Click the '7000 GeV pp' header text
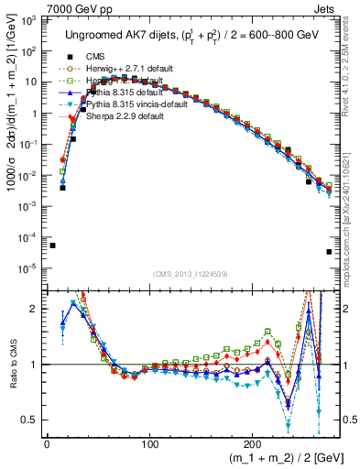tap(37, 7)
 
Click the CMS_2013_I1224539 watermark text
tap(191, 273)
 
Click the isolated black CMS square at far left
tap(53, 245)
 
